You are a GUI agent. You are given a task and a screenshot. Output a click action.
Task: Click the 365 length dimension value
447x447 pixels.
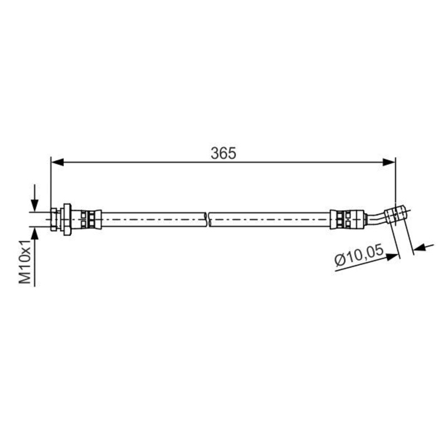pos(223,153)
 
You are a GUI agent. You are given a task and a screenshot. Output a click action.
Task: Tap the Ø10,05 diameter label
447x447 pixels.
pos(359,255)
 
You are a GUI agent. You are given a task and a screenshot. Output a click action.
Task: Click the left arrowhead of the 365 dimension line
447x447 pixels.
pos(57,162)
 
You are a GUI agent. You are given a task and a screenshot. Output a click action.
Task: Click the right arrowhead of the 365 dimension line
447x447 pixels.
pos(389,162)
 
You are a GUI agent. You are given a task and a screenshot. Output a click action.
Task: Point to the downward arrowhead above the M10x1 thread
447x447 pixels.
pos(35,205)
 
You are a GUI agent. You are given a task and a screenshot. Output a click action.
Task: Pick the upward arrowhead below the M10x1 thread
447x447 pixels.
pos(35,234)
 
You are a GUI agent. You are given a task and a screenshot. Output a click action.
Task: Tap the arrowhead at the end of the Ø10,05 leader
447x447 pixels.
pos(393,256)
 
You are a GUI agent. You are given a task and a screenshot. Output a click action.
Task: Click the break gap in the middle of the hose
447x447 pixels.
pos(208,219)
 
